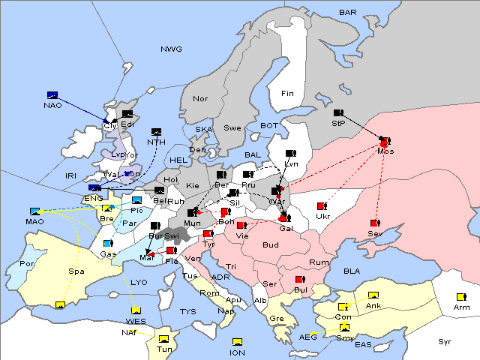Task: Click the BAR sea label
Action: [x=347, y=13]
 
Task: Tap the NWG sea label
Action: [x=171, y=49]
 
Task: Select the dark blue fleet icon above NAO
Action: [x=52, y=94]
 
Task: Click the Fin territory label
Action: [x=286, y=94]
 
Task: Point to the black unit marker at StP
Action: [x=337, y=113]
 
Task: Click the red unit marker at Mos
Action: [x=385, y=141]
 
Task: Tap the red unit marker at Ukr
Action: [x=322, y=206]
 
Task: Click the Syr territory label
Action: [x=445, y=342]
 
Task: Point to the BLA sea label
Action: [x=352, y=271]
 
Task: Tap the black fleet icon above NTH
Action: [x=157, y=131]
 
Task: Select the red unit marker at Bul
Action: [x=300, y=280]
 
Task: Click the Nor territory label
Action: [x=200, y=99]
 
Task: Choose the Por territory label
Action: [x=28, y=264]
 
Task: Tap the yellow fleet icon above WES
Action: [x=136, y=310]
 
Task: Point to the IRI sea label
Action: [x=71, y=175]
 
